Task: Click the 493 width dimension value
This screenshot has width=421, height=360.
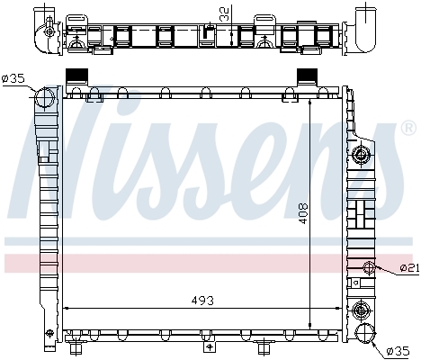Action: coord(202,301)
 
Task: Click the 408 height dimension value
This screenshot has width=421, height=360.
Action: coord(303,213)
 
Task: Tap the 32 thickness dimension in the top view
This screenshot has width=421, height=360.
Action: coord(224,14)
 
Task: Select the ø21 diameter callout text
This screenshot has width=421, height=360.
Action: coord(410,267)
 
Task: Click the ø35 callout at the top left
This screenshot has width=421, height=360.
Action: coord(13,79)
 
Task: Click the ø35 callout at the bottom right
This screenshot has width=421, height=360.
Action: coord(398,351)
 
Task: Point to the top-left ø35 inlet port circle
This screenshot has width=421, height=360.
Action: coord(45,97)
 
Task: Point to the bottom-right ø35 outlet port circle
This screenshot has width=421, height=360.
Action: coord(365,333)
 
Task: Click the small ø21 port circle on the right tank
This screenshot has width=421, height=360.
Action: coord(369,267)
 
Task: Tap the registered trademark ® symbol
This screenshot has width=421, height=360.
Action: coord(408,128)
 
